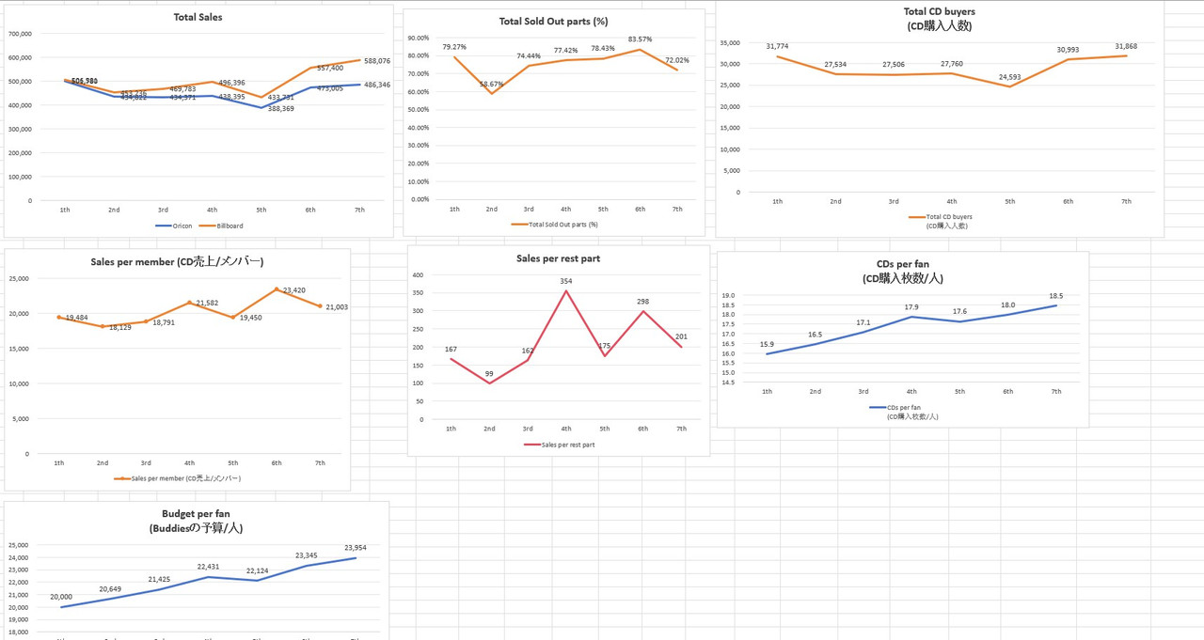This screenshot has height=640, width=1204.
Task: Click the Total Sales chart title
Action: point(198,17)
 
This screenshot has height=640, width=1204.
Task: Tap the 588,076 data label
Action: point(377,61)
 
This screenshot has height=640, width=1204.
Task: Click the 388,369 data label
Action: point(280,109)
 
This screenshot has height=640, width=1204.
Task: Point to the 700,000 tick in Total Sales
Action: point(20,34)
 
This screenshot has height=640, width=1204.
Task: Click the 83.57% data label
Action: point(640,39)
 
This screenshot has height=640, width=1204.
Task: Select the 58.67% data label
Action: point(491,85)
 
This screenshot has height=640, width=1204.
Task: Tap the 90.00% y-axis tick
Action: point(418,38)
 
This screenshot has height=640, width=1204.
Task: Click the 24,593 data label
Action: point(1010,77)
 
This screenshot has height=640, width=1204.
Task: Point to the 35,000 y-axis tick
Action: point(729,42)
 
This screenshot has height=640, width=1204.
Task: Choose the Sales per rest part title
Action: point(558,258)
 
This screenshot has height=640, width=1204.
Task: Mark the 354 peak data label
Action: point(565,281)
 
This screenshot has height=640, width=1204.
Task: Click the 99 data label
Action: point(489,374)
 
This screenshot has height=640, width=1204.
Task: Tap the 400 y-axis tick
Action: point(419,275)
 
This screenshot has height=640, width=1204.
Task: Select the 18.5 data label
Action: point(1055,296)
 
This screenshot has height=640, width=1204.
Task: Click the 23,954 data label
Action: point(355,548)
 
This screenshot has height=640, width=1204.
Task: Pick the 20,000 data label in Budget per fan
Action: point(61,597)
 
